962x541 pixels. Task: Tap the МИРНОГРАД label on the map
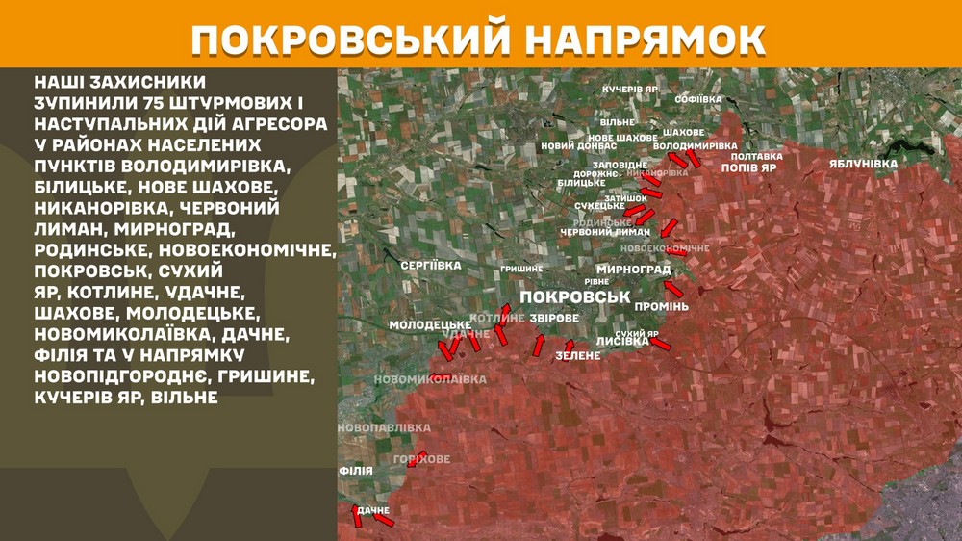pyautogui.click(x=633, y=270)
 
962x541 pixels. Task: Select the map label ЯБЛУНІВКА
pyautogui.click(x=863, y=164)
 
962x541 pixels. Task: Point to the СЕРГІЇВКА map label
pyautogui.click(x=431, y=265)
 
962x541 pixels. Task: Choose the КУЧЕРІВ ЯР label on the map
pyautogui.click(x=629, y=89)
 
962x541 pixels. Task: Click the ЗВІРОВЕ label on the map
pyautogui.click(x=554, y=318)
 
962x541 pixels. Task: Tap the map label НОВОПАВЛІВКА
pyautogui.click(x=385, y=426)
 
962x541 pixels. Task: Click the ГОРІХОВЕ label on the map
pyautogui.click(x=421, y=459)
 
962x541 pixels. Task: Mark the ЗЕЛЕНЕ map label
pyautogui.click(x=577, y=356)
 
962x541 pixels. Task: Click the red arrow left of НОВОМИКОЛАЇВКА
pyautogui.click(x=441, y=377)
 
